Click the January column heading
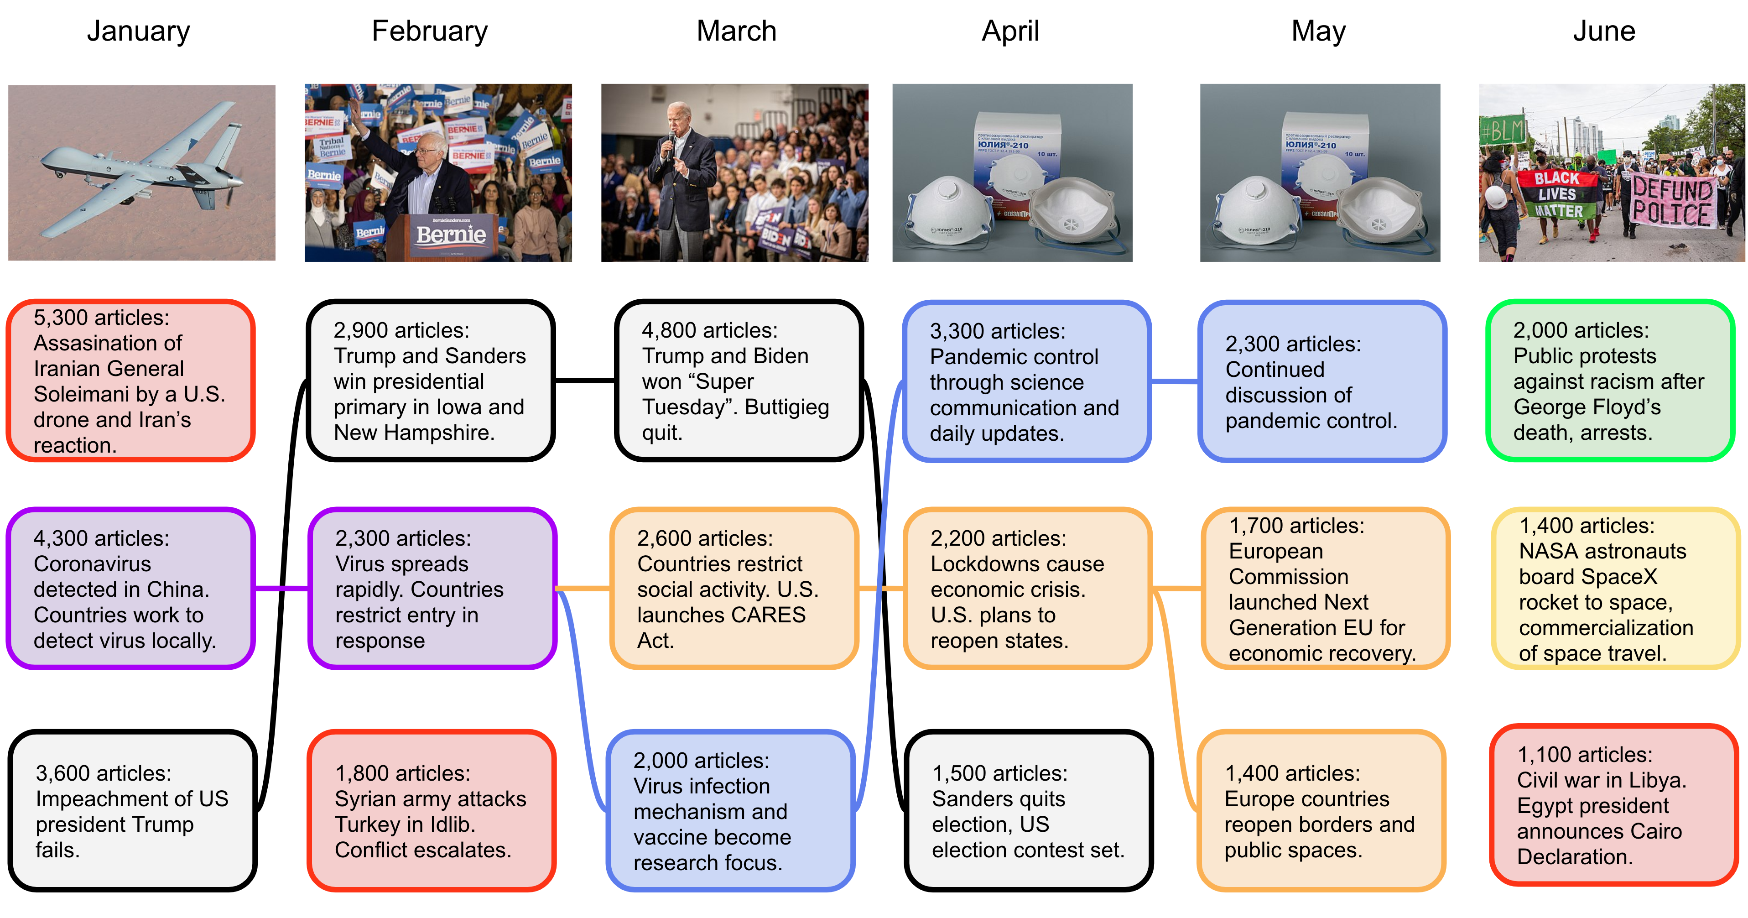tap(138, 31)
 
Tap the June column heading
tap(1604, 31)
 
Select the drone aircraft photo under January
tap(142, 172)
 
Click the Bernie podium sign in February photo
tap(451, 235)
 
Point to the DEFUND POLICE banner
tap(1672, 201)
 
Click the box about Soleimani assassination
tap(130, 381)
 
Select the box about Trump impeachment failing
tap(132, 810)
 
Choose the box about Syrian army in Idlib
tap(432, 810)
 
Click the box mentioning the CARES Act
tap(734, 588)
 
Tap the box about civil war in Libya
tap(1613, 805)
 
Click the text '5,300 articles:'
tap(102, 318)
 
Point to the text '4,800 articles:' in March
tap(710, 330)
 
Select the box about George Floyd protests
tap(1610, 381)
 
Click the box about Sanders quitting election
tap(1029, 810)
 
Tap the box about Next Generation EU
tap(1325, 588)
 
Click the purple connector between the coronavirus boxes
tap(281, 588)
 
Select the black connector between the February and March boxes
tap(585, 381)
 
